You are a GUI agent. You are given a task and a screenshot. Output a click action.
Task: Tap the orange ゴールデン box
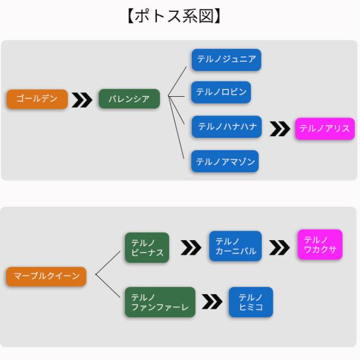point(37,99)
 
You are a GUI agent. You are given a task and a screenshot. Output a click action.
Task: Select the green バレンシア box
point(129,99)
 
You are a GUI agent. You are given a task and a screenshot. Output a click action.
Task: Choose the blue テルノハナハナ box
point(226,127)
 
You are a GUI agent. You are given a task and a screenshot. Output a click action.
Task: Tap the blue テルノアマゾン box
point(226,162)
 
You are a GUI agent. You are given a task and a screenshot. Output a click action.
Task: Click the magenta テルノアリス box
point(325,129)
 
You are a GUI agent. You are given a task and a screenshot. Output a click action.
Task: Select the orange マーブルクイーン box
point(46,276)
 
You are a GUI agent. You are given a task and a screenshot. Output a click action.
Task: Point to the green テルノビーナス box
point(146,247)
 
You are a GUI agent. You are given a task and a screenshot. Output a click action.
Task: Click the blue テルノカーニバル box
point(235,246)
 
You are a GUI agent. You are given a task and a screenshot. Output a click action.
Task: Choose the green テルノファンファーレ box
point(160,302)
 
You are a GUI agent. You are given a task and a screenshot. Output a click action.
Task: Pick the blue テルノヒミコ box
point(250,302)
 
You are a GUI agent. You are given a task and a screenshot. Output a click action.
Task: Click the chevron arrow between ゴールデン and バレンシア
point(82,100)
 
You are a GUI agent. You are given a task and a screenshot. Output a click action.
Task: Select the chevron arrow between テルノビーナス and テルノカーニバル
point(191,247)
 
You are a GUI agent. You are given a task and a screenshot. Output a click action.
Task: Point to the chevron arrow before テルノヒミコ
point(212,302)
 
